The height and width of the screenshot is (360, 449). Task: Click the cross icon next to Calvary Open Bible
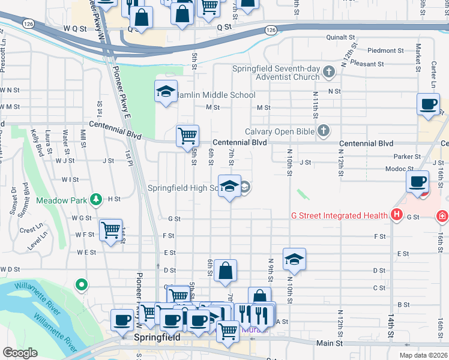(x=323, y=130)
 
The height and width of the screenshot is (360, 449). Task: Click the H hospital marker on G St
(x=396, y=214)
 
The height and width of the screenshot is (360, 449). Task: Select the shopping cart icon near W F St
(x=111, y=230)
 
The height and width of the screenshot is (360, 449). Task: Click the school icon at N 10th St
(x=294, y=259)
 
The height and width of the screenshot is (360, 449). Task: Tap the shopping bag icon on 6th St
(x=225, y=271)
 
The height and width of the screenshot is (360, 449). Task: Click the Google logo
(x=20, y=353)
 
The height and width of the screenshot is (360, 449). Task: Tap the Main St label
(x=330, y=343)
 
